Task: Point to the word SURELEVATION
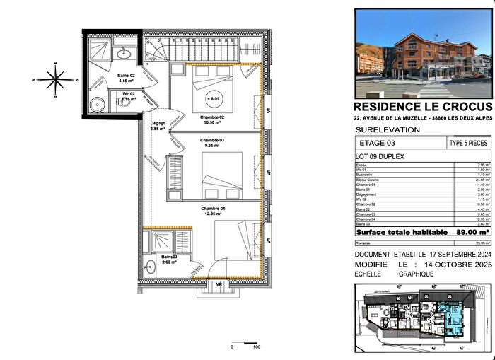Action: (x=388, y=130)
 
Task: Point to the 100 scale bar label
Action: (x=257, y=347)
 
